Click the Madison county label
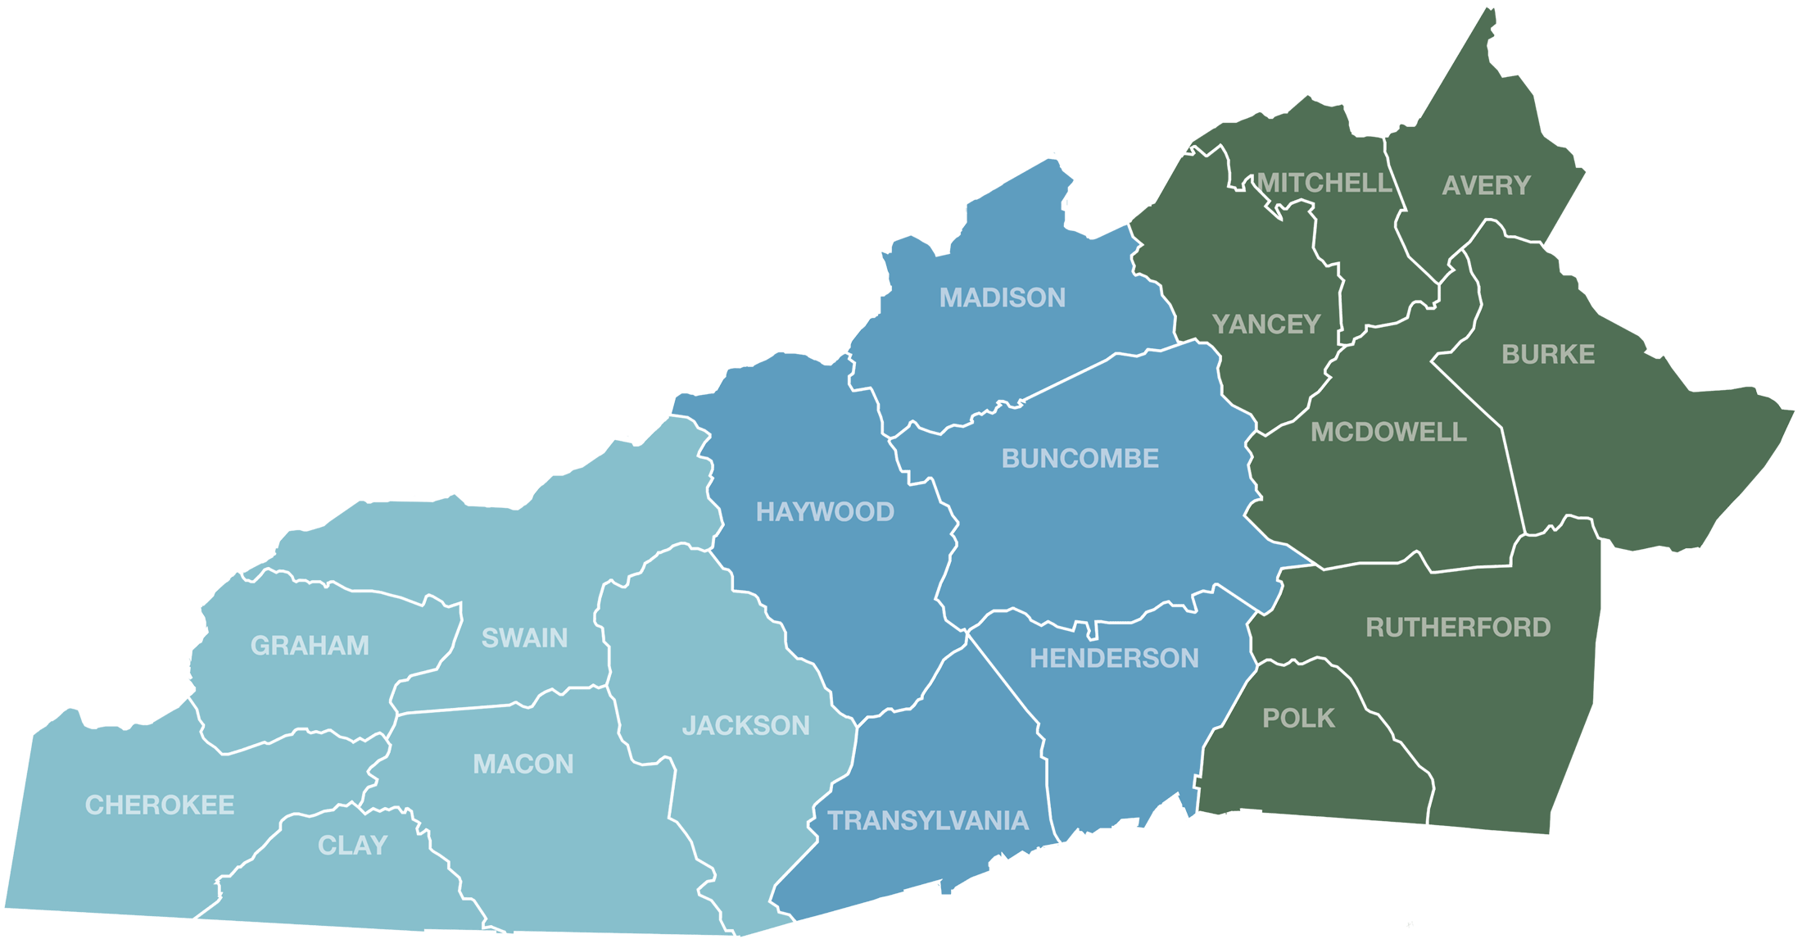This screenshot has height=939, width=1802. pyautogui.click(x=1002, y=297)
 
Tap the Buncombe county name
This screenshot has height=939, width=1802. pyautogui.click(x=1080, y=458)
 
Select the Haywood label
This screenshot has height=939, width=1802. pyautogui.click(x=825, y=512)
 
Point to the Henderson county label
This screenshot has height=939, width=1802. pyautogui.click(x=1114, y=658)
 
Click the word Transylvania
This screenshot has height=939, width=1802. pyautogui.click(x=928, y=820)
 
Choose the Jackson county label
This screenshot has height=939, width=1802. pyautogui.click(x=745, y=725)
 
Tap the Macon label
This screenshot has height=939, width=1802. pyautogui.click(x=523, y=764)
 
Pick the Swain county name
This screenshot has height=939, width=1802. pyautogui.click(x=524, y=637)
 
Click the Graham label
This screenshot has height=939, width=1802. pyautogui.click(x=310, y=646)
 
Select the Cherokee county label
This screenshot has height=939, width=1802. pyautogui.click(x=160, y=805)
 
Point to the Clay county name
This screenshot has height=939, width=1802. pyautogui.click(x=352, y=845)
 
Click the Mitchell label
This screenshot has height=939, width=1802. pyautogui.click(x=1324, y=183)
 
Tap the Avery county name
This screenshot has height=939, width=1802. pyautogui.click(x=1486, y=186)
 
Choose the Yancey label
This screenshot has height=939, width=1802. pyautogui.click(x=1266, y=324)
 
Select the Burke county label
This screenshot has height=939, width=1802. pyautogui.click(x=1548, y=355)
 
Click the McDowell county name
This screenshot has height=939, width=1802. pyautogui.click(x=1388, y=432)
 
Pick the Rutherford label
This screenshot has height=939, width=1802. pyautogui.click(x=1458, y=628)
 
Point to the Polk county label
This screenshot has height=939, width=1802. pyautogui.click(x=1298, y=719)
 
